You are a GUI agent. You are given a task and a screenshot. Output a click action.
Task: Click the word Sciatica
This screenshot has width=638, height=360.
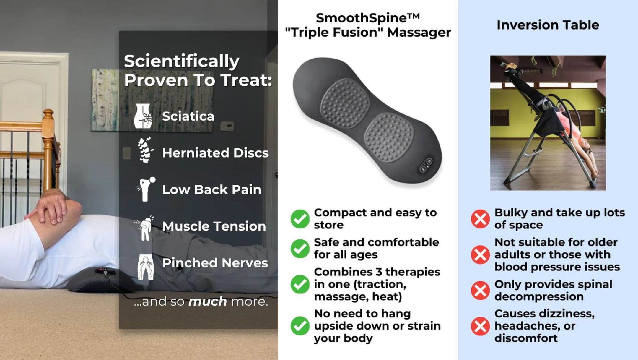[x=188, y=116]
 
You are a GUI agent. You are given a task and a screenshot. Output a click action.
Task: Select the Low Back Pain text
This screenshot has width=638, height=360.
[x=211, y=189]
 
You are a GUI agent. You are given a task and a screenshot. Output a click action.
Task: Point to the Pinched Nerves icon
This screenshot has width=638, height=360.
[x=146, y=267]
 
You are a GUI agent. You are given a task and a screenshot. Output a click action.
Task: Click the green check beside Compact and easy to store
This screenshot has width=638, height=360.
[x=300, y=219]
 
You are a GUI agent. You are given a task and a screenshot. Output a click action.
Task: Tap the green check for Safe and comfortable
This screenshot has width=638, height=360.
[x=300, y=249]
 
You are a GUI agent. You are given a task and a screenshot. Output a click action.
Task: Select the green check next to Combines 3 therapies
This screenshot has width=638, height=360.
[x=300, y=284]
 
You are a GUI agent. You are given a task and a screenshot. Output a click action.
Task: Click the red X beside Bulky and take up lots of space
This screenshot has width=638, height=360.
[x=480, y=219]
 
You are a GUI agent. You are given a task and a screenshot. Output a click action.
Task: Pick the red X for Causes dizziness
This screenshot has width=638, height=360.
[x=480, y=326]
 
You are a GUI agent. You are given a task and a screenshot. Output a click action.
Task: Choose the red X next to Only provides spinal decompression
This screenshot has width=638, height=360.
[x=480, y=290]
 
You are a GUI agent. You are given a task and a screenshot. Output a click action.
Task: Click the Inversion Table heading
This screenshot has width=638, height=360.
[x=548, y=25]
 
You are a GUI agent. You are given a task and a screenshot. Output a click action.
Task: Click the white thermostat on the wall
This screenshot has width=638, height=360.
[x=227, y=126]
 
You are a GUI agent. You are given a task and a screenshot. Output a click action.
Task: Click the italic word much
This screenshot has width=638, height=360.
[x=208, y=301]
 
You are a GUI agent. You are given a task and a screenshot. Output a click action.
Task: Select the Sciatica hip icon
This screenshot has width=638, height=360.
[x=143, y=116]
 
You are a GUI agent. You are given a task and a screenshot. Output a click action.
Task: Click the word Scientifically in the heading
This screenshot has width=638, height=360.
[x=181, y=61]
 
